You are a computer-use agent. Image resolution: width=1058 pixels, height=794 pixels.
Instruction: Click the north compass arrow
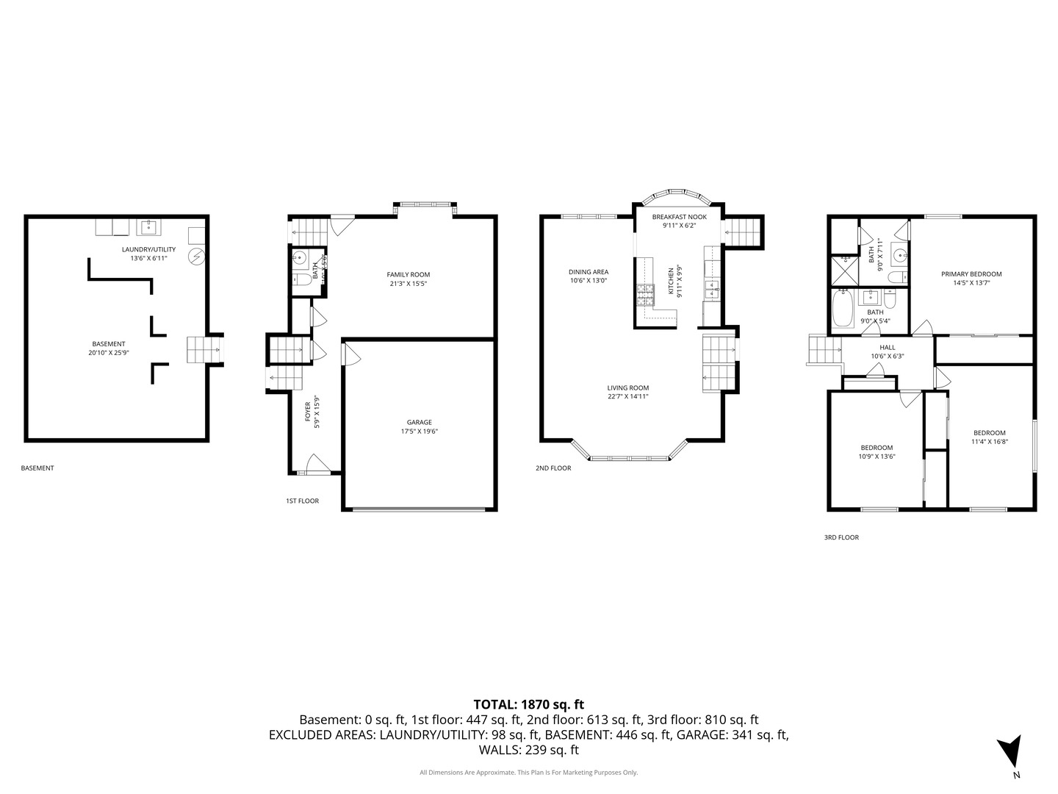pos(1010,752)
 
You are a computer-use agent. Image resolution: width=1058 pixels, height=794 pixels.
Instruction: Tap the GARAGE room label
pos(419,423)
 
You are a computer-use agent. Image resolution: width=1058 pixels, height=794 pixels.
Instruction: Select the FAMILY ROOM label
pos(409,275)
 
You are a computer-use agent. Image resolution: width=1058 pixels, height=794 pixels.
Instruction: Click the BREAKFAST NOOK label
pos(679,217)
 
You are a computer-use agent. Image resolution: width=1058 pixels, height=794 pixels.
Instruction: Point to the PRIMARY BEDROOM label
pos(971,274)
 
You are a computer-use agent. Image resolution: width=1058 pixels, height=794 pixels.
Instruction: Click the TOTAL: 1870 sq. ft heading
pos(528,704)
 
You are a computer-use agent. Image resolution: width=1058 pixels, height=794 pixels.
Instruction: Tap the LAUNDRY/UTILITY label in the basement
pos(148,250)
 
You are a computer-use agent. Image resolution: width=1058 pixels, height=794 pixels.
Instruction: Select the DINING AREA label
pos(589,272)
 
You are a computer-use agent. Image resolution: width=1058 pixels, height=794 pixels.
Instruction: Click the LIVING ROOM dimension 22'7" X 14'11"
pos(627,397)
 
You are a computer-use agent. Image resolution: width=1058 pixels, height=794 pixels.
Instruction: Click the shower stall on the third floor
pos(844,270)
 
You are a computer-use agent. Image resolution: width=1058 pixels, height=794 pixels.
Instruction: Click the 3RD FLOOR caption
pos(841,537)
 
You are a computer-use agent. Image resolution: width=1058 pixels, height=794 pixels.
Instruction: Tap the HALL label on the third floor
pos(888,348)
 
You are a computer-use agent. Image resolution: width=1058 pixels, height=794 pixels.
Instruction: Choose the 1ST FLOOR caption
pos(302,501)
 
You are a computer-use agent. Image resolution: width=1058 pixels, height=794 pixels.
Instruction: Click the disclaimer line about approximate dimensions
pos(528,773)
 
